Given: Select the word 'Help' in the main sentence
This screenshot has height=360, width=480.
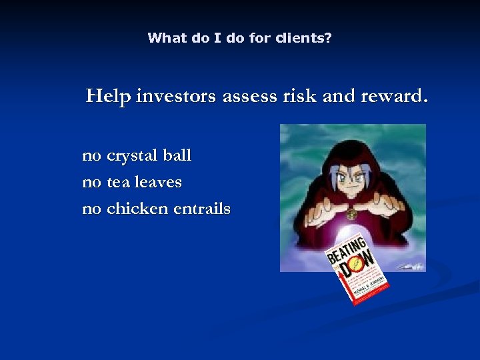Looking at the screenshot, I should (108, 97).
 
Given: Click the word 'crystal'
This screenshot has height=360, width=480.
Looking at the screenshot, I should (132, 156).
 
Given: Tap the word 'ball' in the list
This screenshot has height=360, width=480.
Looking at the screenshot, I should (177, 155).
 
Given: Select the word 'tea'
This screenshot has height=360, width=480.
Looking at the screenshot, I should (119, 182).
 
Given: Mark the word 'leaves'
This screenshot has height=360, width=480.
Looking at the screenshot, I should (158, 182).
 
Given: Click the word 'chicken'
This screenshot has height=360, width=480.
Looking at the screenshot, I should (137, 209).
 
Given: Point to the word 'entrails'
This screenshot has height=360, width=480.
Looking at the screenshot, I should (202, 209).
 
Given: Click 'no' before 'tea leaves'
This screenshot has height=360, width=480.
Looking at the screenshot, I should (91, 182).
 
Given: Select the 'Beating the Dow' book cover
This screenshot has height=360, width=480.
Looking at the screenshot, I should (351, 269).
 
